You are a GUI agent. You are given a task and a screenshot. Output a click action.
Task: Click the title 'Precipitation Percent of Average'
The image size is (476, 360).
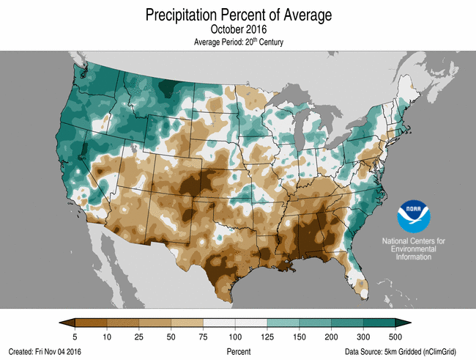pyautogui.click(x=238, y=15)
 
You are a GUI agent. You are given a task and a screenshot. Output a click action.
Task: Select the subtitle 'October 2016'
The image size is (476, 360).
pyautogui.click(x=238, y=30)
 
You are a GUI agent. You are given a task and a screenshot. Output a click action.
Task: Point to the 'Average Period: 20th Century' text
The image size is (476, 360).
pyautogui.click(x=238, y=43)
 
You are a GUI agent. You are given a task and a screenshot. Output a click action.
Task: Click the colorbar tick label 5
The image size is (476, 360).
pyautogui.click(x=75, y=336)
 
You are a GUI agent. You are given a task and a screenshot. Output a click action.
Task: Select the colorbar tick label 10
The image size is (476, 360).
pyautogui.click(x=107, y=336)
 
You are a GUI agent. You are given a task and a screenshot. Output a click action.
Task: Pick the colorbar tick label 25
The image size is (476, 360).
pyautogui.click(x=139, y=336)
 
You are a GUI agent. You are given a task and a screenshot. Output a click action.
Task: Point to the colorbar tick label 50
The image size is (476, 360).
pyautogui.click(x=171, y=336)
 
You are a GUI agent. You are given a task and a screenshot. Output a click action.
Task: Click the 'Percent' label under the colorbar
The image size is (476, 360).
pyautogui.click(x=238, y=352)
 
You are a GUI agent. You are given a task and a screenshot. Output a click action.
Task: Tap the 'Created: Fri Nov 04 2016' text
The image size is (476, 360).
pyautogui.click(x=45, y=352)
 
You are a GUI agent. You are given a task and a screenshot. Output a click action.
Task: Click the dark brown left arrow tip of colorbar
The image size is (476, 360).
pyautogui.click(x=64, y=323)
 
